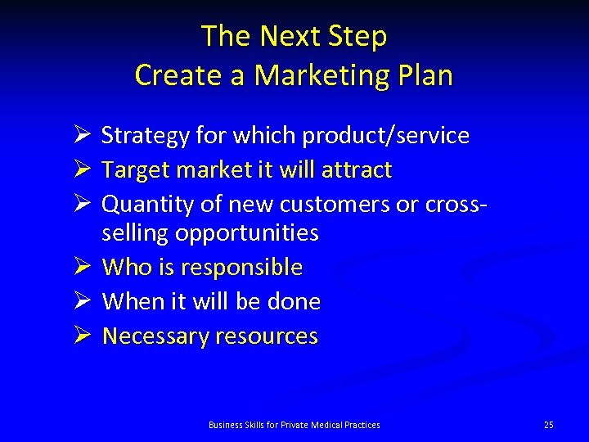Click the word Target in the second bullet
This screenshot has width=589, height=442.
[131, 170]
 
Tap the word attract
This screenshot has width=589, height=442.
[355, 170]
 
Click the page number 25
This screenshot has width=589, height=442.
[548, 424]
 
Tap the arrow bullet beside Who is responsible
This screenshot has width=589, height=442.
[79, 267]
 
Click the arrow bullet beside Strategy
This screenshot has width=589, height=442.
[79, 135]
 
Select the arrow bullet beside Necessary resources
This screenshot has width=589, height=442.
[79, 336]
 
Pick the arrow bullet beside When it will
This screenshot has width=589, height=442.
[79, 301]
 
